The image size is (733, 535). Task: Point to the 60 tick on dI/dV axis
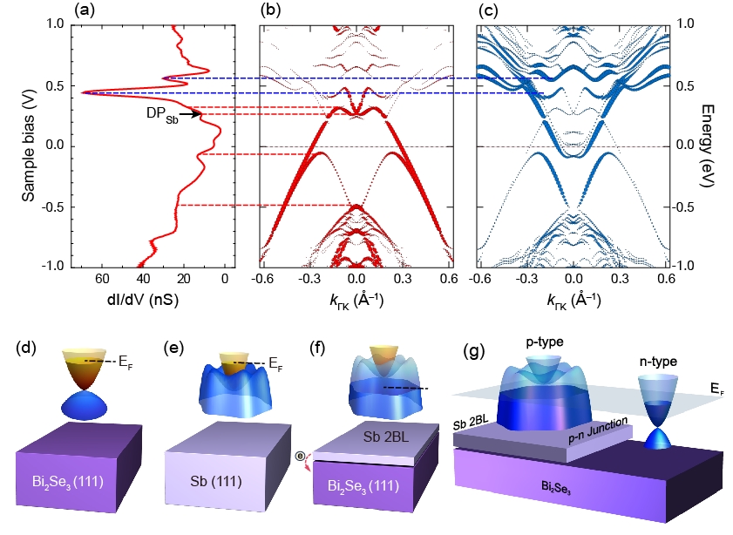point(102,279)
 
